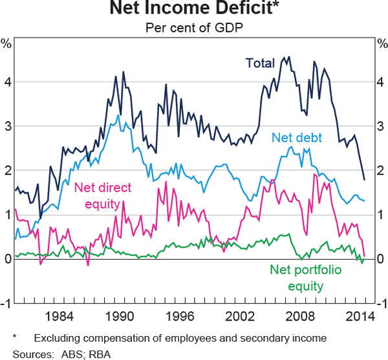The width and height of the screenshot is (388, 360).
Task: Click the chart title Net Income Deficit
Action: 194,10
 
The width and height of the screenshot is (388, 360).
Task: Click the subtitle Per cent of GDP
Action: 194,28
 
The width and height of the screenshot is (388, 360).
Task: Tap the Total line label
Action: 260,63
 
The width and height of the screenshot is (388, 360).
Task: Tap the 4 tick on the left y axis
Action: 8,82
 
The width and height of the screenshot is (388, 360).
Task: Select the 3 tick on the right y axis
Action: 380,126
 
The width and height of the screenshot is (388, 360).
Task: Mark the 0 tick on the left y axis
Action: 8,259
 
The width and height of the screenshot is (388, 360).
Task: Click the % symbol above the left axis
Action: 8,44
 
